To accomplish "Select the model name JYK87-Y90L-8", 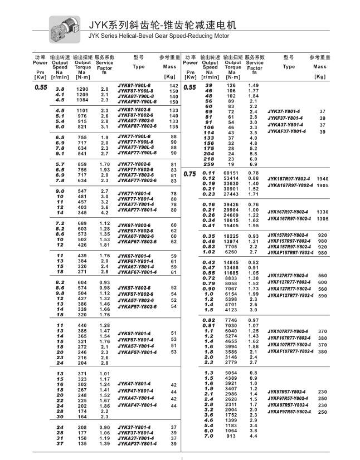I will coord(134,85).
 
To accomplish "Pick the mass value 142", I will coord(173,85).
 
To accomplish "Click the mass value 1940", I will coord(323,178).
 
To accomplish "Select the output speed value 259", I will coord(210,164).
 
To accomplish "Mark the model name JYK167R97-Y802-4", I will coord(288,212).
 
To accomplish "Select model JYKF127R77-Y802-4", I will coord(289,282).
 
